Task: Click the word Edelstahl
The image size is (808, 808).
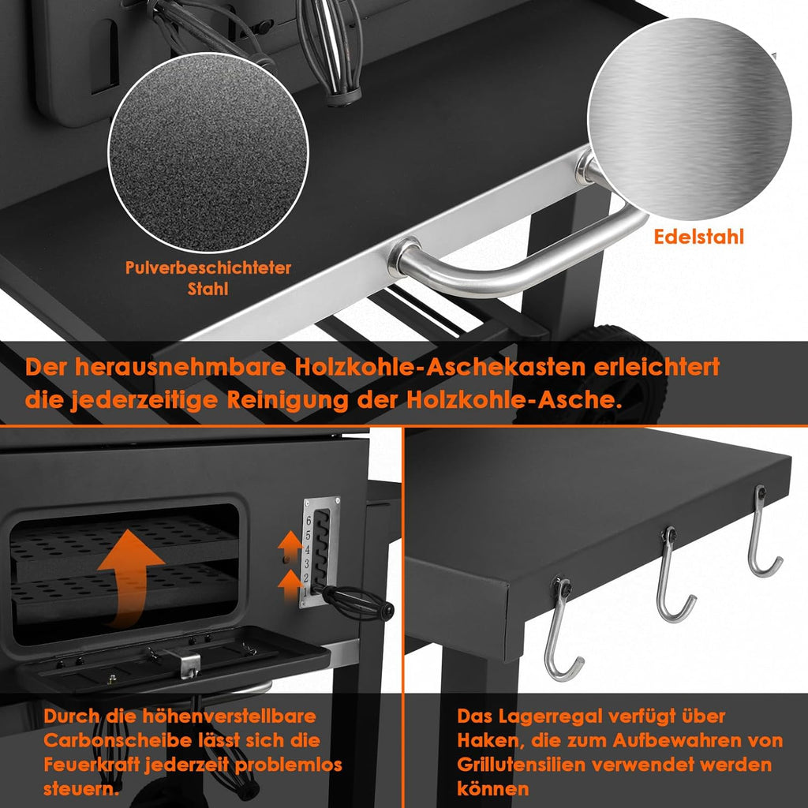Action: pos(698,237)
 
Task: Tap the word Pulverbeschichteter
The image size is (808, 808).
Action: pos(208,267)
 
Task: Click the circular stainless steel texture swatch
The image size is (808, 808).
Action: pos(690,119)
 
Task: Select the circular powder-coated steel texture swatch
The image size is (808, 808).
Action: pos(208,153)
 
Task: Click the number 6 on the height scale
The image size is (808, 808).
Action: pos(309,521)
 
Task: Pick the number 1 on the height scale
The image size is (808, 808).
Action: pos(305,592)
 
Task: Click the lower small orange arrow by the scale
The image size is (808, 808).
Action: pos(290,585)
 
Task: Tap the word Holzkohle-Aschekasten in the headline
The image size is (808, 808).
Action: pos(440,368)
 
